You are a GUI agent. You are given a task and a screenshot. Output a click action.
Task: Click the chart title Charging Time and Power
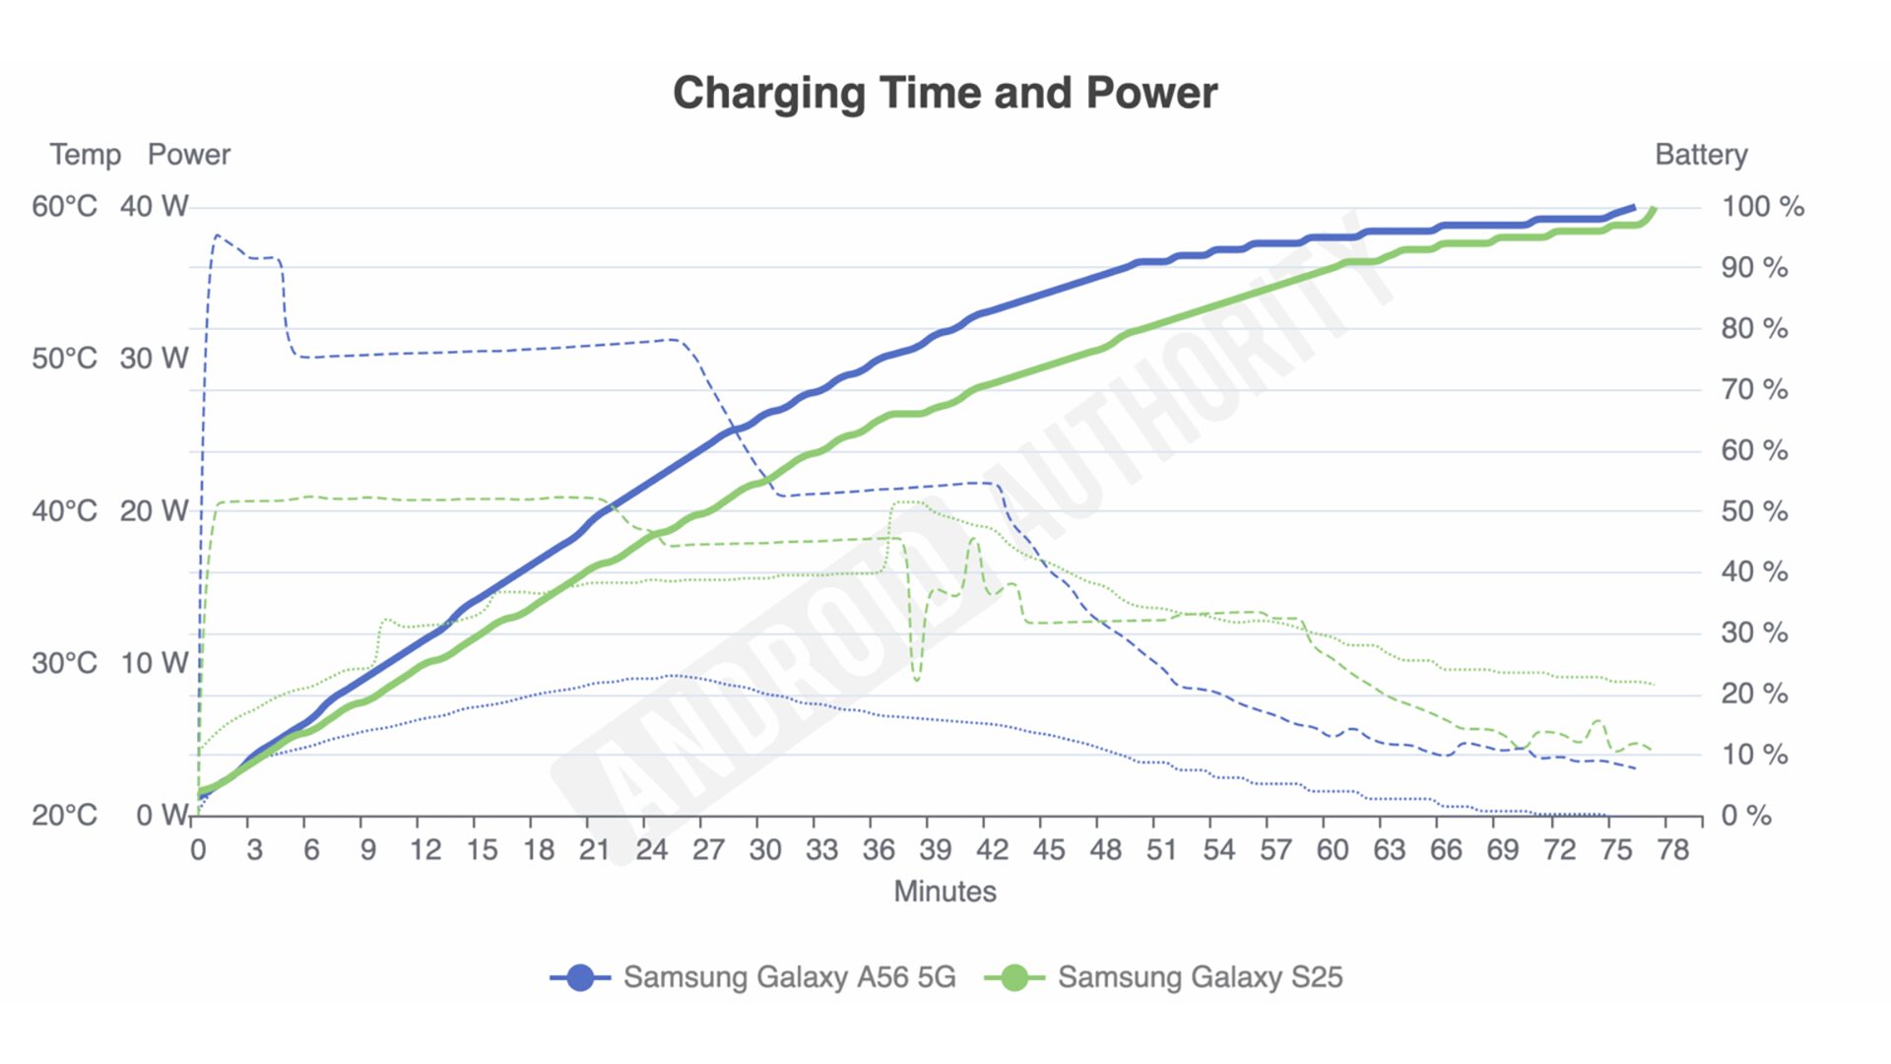point(945,93)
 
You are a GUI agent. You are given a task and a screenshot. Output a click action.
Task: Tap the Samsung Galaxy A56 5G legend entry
point(788,976)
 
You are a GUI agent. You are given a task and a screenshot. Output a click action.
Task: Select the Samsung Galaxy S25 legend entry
point(1199,976)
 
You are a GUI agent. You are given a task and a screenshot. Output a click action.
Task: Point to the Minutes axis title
point(945,891)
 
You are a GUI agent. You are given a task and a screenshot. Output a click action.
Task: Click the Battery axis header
point(1701,155)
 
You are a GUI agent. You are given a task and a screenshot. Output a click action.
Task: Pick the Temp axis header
point(86,155)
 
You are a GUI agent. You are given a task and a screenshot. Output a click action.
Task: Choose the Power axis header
point(188,155)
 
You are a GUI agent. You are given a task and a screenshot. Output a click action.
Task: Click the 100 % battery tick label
point(1762,207)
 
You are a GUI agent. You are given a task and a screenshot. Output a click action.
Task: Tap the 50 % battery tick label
point(1754,511)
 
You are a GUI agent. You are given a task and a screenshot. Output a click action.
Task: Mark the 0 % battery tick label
point(1745,816)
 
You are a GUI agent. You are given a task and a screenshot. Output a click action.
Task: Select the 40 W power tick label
point(154,206)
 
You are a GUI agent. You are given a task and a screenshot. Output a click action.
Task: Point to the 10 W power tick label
point(154,663)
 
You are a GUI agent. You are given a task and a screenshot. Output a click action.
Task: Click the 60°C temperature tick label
point(65,206)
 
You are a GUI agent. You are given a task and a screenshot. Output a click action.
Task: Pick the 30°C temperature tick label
point(65,663)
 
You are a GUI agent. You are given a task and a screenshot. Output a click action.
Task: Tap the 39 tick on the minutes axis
point(935,849)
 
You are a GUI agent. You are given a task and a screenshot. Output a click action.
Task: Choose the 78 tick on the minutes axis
point(1672,849)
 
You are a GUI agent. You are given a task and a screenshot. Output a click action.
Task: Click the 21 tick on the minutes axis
point(594,849)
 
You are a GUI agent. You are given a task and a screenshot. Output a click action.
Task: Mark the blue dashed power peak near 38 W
point(216,235)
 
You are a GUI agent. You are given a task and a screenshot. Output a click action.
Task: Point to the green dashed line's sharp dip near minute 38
point(917,679)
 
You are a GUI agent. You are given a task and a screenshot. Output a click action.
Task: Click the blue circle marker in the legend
point(580,977)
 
